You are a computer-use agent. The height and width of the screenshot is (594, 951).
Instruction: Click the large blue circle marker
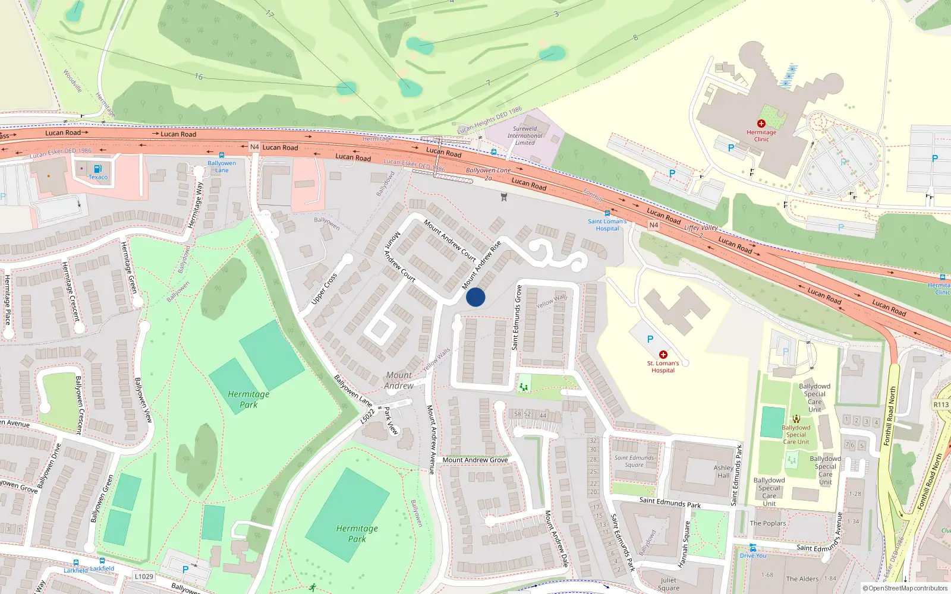point(475,297)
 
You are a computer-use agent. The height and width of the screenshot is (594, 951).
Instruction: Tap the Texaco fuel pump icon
point(98,169)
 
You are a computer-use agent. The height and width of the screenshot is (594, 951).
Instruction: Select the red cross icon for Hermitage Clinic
point(761,124)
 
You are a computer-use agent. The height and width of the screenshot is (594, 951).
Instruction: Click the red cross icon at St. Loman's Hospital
point(663,355)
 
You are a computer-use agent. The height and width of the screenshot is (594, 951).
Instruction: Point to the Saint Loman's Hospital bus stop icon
point(607,213)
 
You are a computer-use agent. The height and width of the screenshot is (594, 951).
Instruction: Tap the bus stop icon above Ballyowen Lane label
point(222,155)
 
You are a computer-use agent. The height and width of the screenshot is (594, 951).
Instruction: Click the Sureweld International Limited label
point(525,135)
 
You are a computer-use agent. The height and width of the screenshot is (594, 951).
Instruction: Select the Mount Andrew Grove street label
point(475,460)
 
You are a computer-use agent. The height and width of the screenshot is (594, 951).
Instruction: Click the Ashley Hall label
point(723,472)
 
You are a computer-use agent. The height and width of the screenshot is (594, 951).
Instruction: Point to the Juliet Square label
point(668,584)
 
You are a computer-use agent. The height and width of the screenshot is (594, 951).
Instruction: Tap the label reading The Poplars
point(767,523)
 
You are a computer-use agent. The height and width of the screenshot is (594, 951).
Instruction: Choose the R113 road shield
point(941,405)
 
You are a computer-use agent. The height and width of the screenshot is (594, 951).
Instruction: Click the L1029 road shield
point(144,576)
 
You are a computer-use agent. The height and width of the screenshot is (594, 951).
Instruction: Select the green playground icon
point(524,387)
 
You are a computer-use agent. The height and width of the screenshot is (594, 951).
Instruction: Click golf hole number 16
point(199,77)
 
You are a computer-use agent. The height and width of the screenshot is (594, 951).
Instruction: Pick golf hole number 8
point(635,37)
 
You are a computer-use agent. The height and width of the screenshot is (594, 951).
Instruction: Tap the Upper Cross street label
point(325,289)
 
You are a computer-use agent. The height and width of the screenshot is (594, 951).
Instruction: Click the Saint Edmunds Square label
point(634,461)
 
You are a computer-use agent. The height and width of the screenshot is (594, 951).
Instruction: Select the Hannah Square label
point(685,544)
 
